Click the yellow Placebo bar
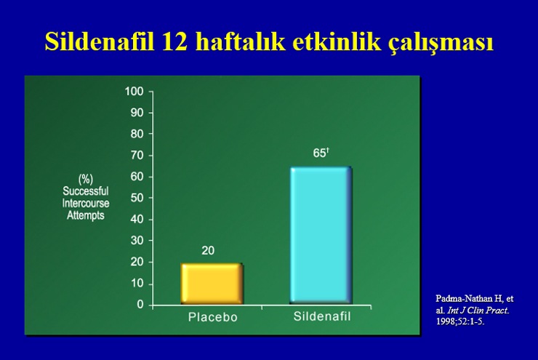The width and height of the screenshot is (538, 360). click(x=212, y=284)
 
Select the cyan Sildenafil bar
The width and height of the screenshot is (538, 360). click(x=321, y=235)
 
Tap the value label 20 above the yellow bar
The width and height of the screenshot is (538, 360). click(x=208, y=251)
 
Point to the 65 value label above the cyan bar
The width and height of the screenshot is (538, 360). click(x=319, y=153)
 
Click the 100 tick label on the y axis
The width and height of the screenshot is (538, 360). click(x=134, y=92)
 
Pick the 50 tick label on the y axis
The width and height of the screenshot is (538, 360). click(x=137, y=198)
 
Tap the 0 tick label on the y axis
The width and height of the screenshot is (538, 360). click(x=140, y=305)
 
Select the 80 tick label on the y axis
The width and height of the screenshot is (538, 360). click(x=137, y=134)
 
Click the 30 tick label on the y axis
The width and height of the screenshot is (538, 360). click(x=137, y=240)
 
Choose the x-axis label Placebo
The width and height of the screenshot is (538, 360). click(x=213, y=317)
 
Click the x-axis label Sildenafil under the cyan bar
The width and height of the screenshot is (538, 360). click(x=322, y=316)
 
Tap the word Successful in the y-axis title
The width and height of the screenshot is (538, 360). click(x=86, y=191)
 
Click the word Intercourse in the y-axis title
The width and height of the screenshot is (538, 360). click(x=86, y=203)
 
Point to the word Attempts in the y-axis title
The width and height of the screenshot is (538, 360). click(x=86, y=215)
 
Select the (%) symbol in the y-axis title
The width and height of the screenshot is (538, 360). click(x=86, y=179)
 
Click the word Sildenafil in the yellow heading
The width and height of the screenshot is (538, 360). click(x=100, y=41)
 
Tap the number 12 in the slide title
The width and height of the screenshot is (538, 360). click(x=175, y=42)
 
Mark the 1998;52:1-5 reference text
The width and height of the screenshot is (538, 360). click(x=460, y=322)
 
